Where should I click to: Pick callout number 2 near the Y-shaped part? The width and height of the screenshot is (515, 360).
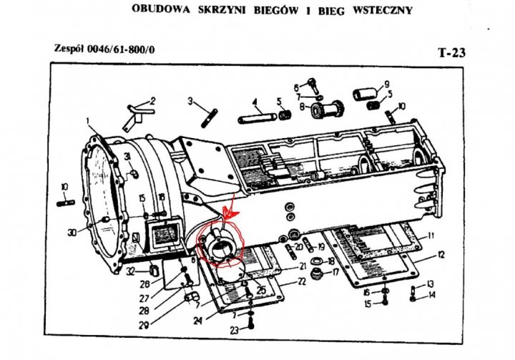click(152, 100)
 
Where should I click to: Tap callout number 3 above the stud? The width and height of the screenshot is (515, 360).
click(192, 102)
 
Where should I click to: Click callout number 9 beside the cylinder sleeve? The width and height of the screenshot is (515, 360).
click(387, 83)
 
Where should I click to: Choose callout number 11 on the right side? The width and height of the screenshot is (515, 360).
click(431, 235)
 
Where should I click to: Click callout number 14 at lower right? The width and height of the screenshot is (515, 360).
click(431, 295)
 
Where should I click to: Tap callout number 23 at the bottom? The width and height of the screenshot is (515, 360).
click(234, 331)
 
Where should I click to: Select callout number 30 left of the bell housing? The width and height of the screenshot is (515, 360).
click(72, 233)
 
